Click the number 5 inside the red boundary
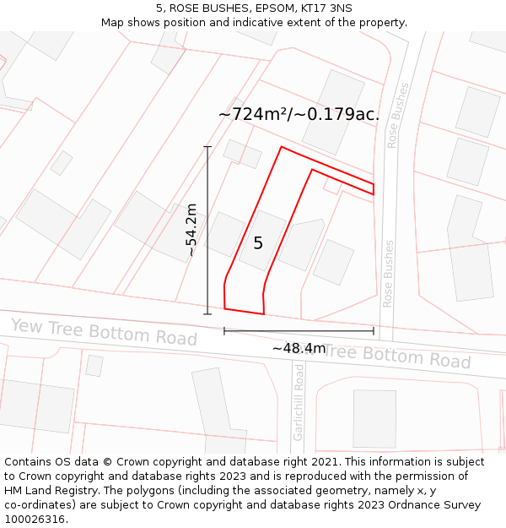(x=258, y=243)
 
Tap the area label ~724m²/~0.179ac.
(x=299, y=114)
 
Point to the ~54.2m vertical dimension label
(x=191, y=230)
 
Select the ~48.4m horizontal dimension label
(x=299, y=348)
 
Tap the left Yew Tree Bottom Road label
(x=104, y=332)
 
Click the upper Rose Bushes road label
(x=398, y=115)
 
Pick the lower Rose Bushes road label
(x=389, y=274)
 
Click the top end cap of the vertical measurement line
(x=207, y=147)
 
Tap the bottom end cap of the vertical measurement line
(x=207, y=314)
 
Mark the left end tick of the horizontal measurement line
(x=224, y=330)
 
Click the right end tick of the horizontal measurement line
(x=374, y=330)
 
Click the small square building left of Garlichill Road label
(x=94, y=366)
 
